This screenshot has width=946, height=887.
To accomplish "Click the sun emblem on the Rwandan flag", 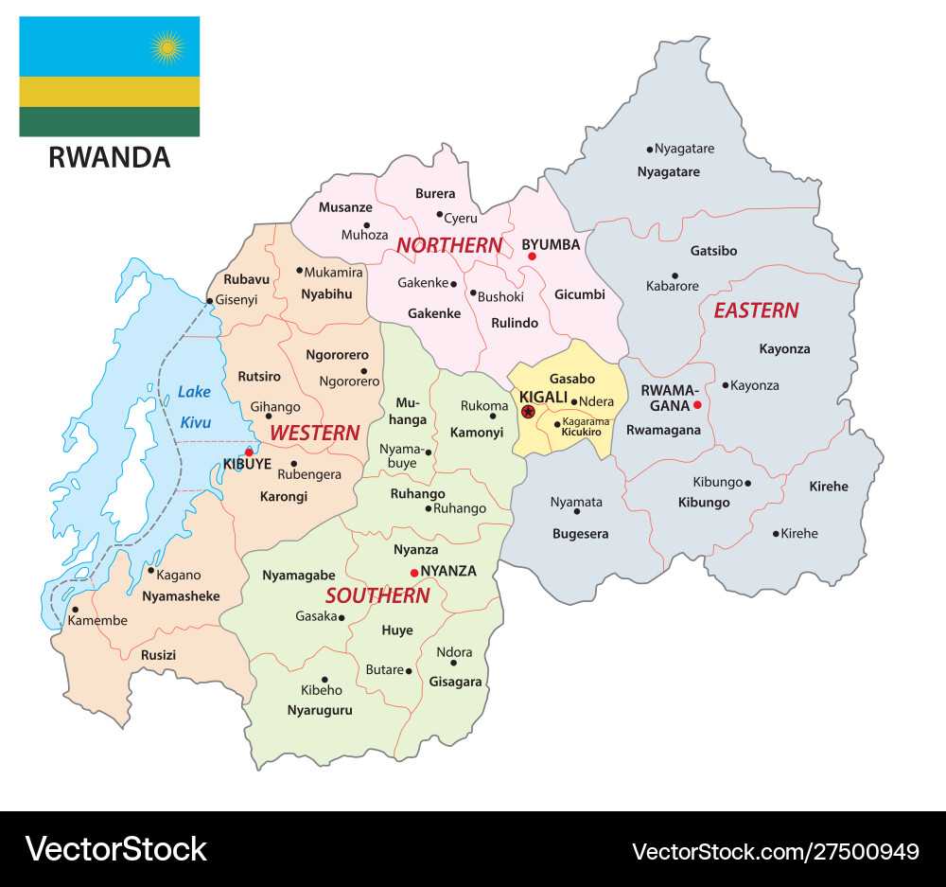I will [x=166, y=45].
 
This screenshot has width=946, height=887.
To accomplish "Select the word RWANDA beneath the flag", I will [x=109, y=157].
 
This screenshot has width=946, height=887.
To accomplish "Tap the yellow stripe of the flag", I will [x=109, y=92].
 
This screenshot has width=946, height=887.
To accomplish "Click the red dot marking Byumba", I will [x=532, y=257].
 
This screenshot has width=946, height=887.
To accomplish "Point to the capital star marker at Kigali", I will [x=528, y=412].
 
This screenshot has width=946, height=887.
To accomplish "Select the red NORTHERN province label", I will [x=448, y=245].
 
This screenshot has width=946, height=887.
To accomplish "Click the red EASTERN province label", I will [x=756, y=310].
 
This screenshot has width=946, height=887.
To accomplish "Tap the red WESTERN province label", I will [x=314, y=433].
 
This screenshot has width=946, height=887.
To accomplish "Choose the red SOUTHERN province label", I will [x=377, y=595].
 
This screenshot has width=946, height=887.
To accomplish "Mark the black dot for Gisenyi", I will [x=209, y=300].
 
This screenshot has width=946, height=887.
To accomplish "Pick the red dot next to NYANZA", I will [x=413, y=573].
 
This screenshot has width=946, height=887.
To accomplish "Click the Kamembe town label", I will [x=96, y=621].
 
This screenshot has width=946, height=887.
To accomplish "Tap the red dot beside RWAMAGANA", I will [x=697, y=405].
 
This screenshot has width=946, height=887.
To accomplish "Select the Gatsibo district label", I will [x=713, y=251].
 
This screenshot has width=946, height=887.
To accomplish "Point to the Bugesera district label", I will [x=580, y=534].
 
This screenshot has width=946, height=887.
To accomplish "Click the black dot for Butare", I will [x=409, y=671].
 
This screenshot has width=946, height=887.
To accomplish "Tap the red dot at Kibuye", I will [x=249, y=452].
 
